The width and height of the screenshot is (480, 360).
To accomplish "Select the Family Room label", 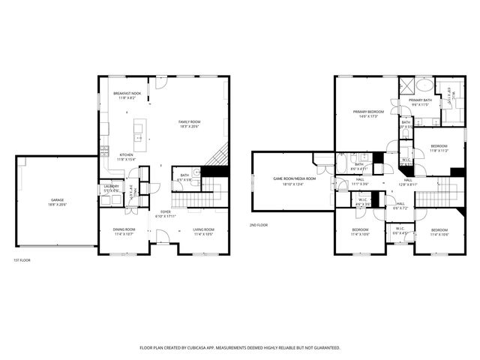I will [189, 121].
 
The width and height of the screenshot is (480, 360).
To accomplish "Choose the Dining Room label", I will [124, 229].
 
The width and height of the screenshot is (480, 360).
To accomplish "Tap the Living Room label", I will [203, 229].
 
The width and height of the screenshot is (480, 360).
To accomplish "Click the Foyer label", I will [165, 211].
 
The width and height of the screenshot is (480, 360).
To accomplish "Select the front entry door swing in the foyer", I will [164, 239].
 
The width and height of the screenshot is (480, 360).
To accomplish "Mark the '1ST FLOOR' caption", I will [21, 260].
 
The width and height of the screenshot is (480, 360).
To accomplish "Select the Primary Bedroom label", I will [368, 112].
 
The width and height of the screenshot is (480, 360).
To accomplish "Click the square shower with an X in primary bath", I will [406, 84].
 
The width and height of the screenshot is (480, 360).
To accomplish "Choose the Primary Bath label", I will [420, 100].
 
